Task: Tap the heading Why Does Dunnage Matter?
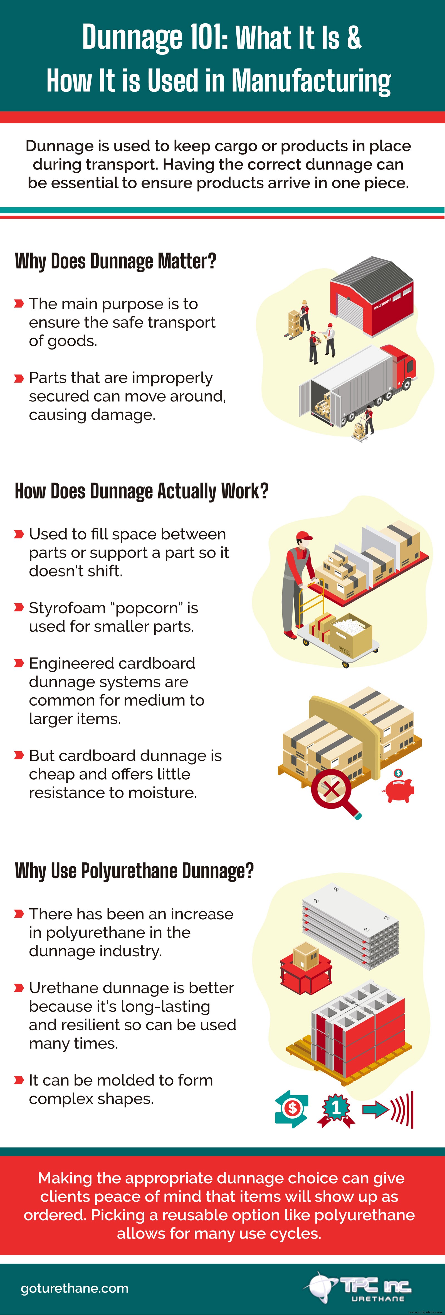115,261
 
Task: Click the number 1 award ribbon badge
336,1109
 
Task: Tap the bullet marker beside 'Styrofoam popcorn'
19,607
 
